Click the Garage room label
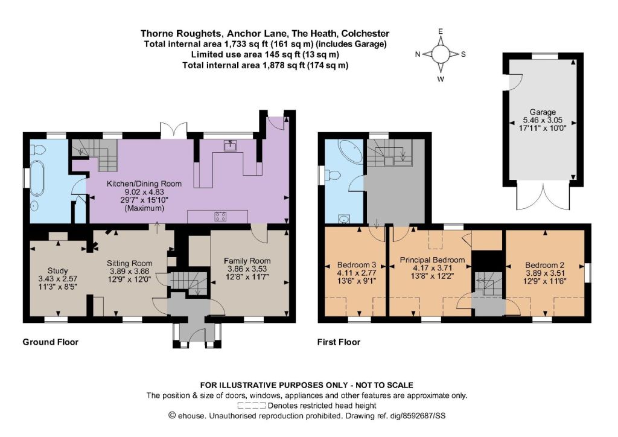pos(543,112)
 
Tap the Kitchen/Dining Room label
pos(144,183)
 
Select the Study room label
pos(57,271)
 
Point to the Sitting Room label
pos(130,263)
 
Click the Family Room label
pos(247,261)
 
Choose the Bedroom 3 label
pos(357,265)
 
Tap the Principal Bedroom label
pos(432,260)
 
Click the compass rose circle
pos(441,54)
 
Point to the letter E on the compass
pos(441,31)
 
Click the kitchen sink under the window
pos(230,146)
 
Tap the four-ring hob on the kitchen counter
pos(220,216)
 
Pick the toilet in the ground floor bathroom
pos(39,149)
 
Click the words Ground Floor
pos(51,342)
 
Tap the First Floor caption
pos(339,342)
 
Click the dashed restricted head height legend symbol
pos(252,406)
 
